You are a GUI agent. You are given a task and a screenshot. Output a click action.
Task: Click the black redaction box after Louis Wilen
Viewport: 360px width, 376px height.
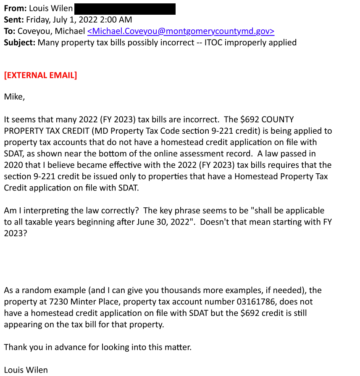click(x=125, y=9)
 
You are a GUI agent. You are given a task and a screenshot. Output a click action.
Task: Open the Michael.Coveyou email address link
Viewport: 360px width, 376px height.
click(x=181, y=31)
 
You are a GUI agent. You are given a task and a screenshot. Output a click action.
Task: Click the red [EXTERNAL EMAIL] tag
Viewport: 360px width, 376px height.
click(x=40, y=75)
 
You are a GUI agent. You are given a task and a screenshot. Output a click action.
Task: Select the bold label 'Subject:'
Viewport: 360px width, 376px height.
click(x=20, y=42)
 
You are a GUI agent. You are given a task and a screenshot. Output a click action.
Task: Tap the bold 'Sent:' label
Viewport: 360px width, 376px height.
click(x=14, y=20)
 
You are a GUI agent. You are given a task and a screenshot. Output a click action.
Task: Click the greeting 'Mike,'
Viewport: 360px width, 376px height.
click(x=14, y=97)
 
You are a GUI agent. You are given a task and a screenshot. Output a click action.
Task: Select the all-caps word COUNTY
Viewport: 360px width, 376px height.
click(x=276, y=119)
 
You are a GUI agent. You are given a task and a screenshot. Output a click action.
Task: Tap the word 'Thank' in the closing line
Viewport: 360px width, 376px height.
click(x=15, y=347)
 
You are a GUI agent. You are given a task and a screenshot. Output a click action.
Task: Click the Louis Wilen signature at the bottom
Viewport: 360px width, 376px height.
click(x=26, y=370)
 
